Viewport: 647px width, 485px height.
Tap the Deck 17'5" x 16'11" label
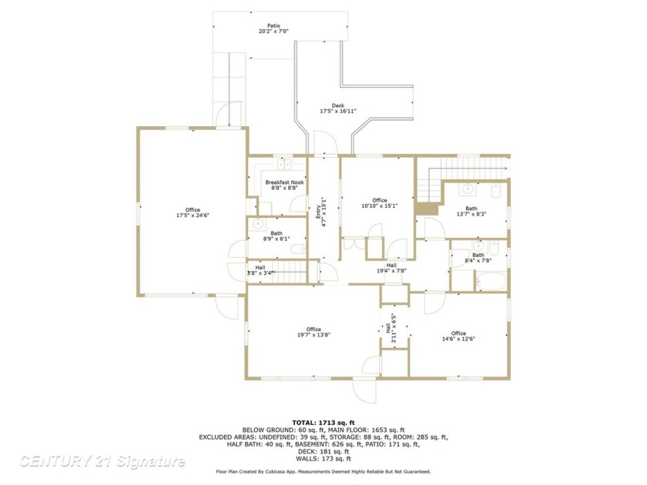click(338, 109)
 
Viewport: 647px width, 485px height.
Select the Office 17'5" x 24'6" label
click(192, 212)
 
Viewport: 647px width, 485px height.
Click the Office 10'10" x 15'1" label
click(379, 202)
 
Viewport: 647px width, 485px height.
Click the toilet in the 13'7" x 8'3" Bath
click(496, 189)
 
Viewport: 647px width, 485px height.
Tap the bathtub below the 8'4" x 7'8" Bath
click(488, 282)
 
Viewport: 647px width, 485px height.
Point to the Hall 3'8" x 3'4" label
click(260, 269)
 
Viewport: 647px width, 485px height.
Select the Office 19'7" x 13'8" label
click(313, 333)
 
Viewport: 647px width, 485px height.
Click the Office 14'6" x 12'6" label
click(458, 336)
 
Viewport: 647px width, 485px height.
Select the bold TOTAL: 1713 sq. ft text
click(323, 423)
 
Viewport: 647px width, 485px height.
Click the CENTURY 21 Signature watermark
click(102, 461)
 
